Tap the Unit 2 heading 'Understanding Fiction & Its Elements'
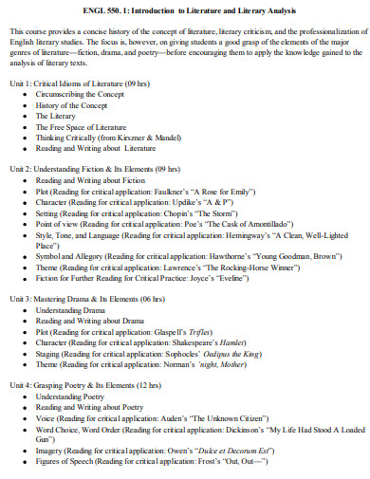click(89, 168)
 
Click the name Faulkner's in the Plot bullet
click(189, 190)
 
